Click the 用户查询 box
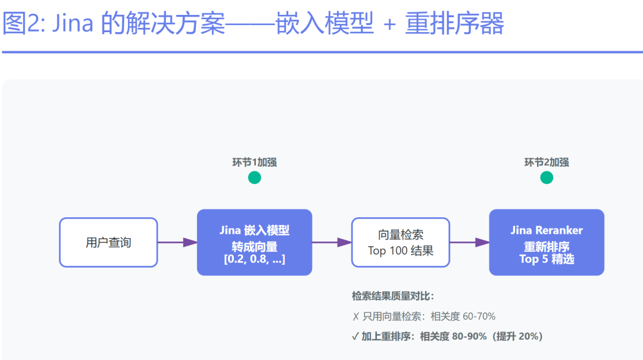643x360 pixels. point(108,242)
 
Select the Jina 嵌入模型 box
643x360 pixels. point(254,242)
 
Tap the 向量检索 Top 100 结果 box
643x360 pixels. point(400,242)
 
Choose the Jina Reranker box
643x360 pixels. point(547,242)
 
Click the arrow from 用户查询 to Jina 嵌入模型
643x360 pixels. point(177,242)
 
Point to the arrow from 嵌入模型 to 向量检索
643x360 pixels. point(332,242)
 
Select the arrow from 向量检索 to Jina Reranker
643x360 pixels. point(469,242)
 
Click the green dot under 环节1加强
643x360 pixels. point(254,177)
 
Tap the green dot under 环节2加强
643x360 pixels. point(547,177)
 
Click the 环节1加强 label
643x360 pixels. point(254,162)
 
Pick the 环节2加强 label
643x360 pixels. point(547,162)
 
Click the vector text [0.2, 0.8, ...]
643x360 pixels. point(254,259)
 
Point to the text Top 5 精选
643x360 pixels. point(547,259)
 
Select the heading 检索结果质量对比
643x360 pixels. point(393,296)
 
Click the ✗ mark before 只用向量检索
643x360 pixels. point(355,317)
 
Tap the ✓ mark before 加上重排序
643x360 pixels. point(355,337)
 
